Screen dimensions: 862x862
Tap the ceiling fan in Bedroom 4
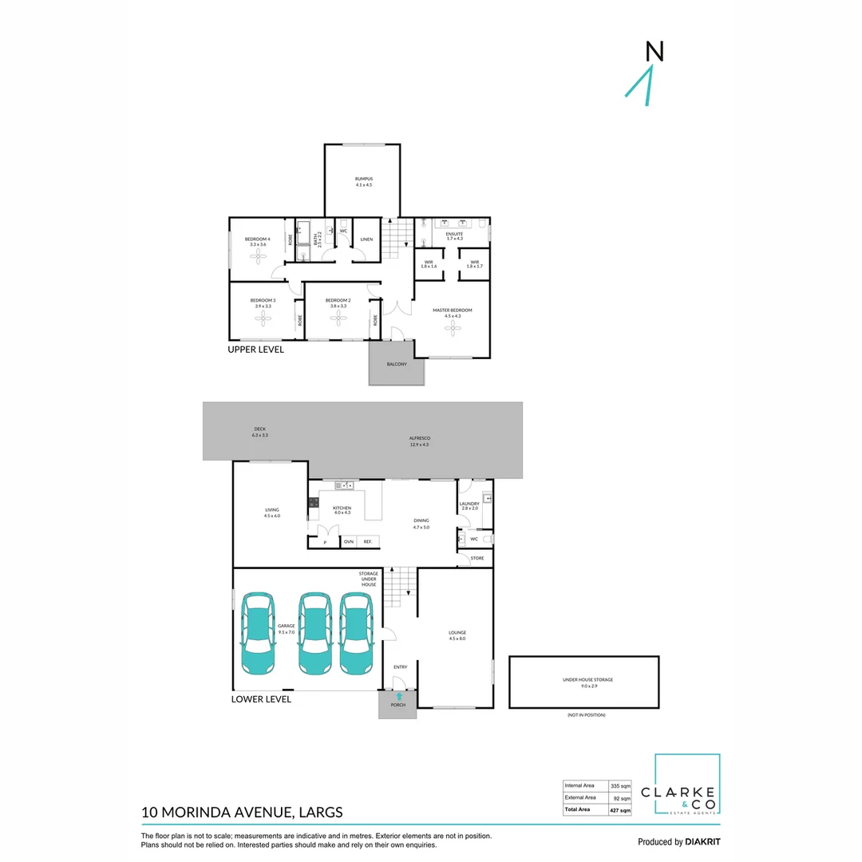point(257,255)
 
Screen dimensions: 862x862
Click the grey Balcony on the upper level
point(397,364)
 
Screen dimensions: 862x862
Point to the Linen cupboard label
point(366,239)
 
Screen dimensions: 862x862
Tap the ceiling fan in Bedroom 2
point(338,318)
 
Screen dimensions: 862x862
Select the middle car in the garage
point(314,633)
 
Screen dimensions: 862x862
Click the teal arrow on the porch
point(398,697)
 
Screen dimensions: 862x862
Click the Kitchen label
point(342,510)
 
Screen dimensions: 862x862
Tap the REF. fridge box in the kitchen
point(368,542)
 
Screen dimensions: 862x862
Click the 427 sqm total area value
point(620,810)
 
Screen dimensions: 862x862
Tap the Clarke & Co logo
point(687,785)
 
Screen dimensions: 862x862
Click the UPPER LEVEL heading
point(255,350)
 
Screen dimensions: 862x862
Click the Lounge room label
point(457,635)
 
